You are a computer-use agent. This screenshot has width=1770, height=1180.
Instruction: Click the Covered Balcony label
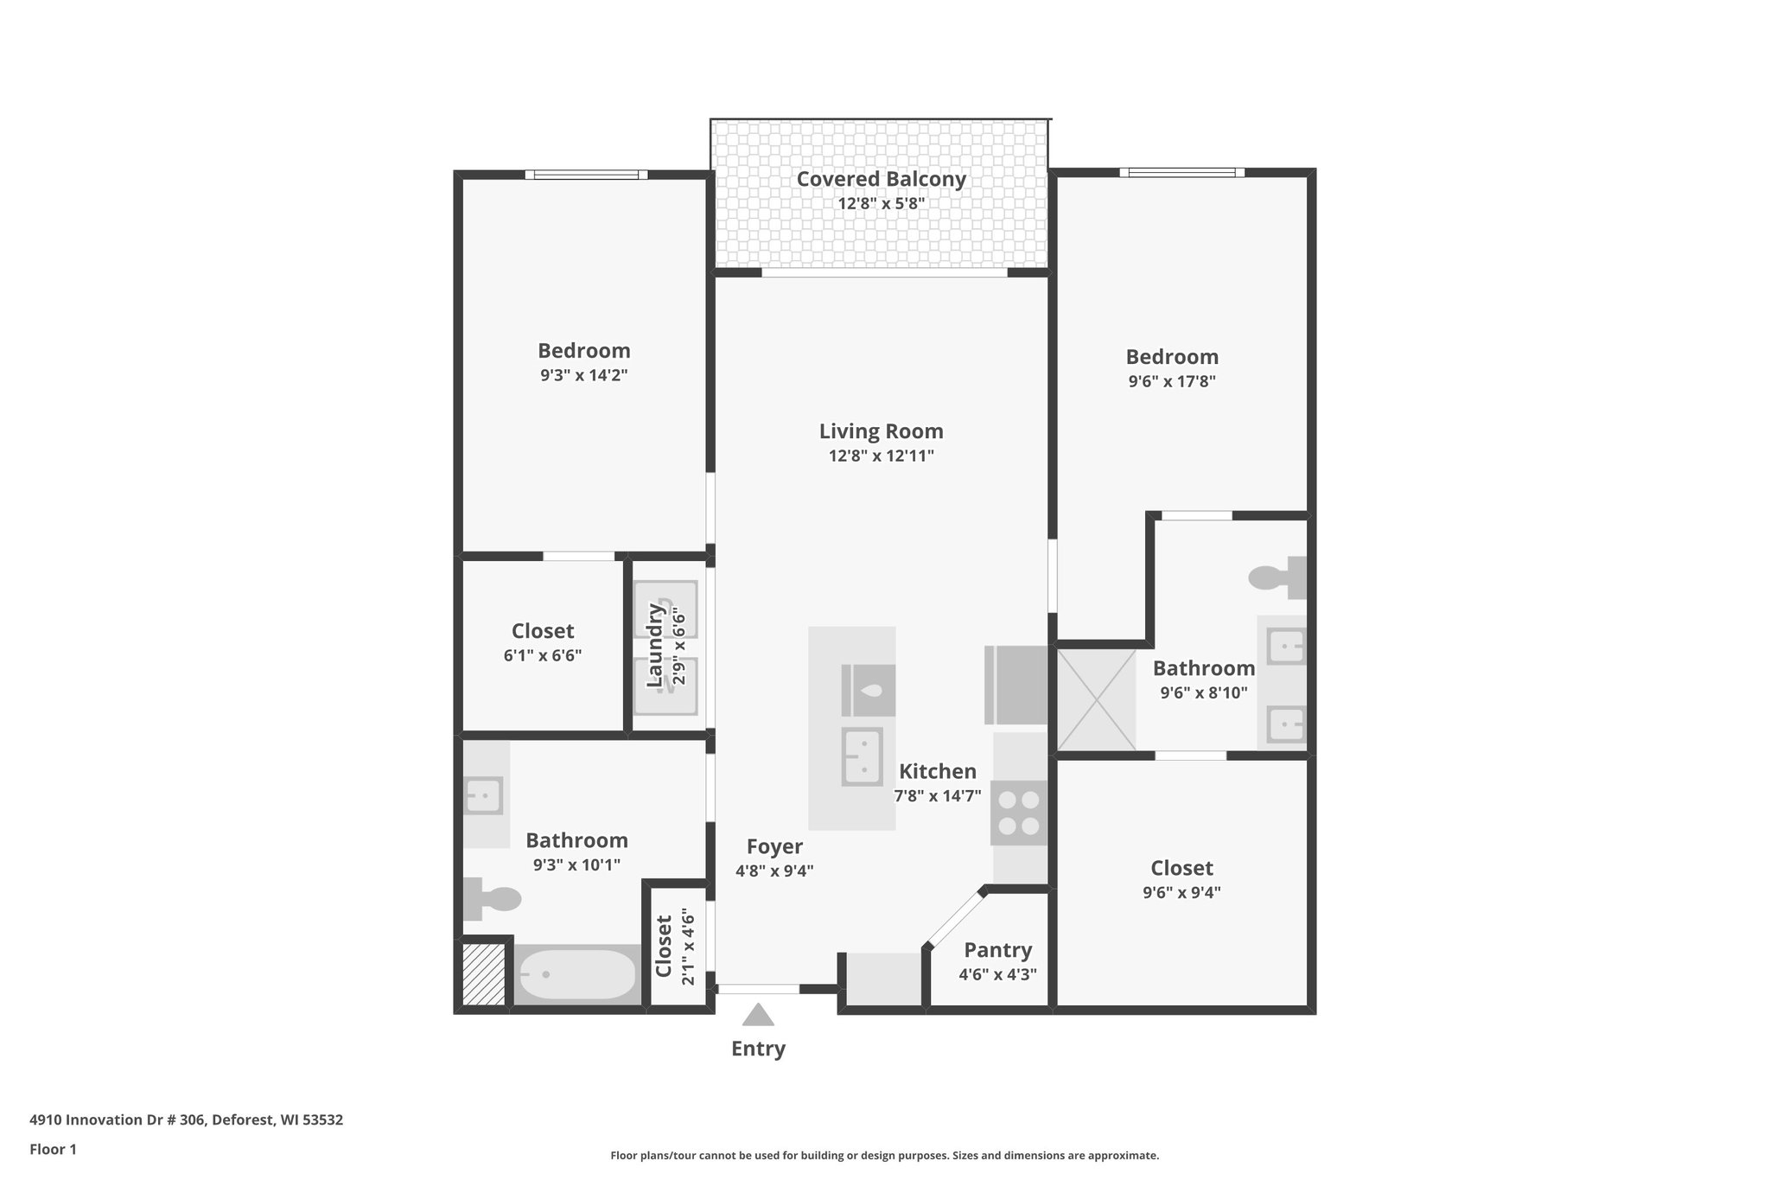[x=881, y=179]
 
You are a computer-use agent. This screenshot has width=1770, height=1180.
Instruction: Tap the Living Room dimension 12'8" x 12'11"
[x=881, y=456]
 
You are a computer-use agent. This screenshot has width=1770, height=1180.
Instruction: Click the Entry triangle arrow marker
[x=758, y=1015]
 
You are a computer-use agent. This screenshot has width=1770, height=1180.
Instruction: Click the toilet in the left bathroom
[x=492, y=899]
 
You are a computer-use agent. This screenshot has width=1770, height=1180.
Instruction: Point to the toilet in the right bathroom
[x=1277, y=577]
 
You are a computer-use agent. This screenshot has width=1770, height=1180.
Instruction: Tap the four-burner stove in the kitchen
[x=1019, y=813]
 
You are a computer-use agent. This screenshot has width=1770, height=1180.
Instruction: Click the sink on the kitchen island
[x=863, y=756]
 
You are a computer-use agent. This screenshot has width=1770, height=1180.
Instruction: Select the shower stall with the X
[x=1097, y=699]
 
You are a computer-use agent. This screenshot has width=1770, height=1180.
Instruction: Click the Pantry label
[x=997, y=950]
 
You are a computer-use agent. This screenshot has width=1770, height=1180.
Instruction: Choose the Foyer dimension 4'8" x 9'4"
[x=774, y=871]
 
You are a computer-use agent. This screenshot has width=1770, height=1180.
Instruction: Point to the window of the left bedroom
[x=586, y=175]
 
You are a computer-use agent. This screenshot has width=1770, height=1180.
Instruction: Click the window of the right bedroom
[x=1181, y=172]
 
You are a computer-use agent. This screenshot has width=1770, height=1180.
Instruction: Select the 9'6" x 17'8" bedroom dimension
[x=1172, y=381]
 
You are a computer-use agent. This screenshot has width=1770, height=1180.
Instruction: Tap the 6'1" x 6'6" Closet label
[x=543, y=631]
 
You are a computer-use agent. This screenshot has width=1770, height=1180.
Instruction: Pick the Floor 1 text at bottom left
[x=53, y=1149]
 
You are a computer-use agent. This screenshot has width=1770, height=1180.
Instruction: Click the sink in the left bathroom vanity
[x=484, y=795]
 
